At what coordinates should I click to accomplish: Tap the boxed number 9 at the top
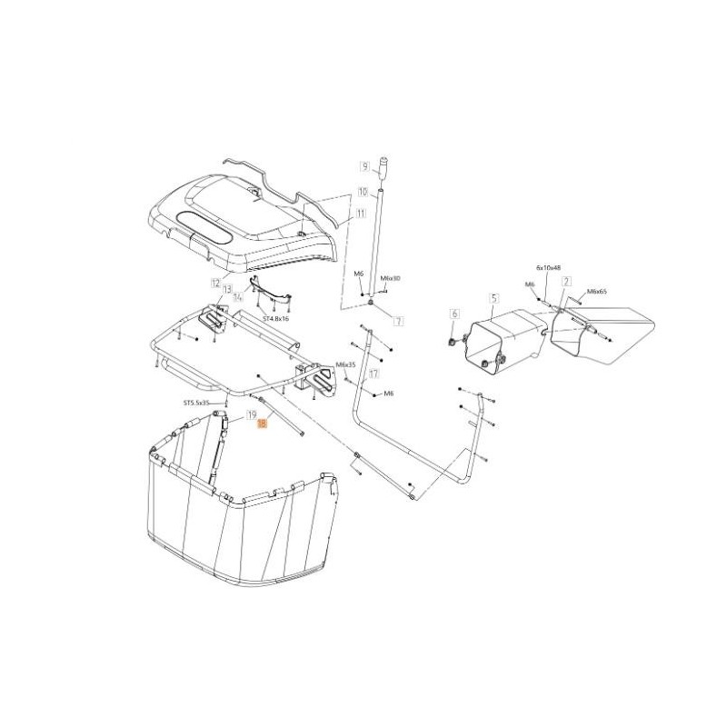[x=363, y=166]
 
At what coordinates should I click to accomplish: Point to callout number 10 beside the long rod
[x=363, y=192]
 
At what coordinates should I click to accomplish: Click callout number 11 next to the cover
[x=361, y=214]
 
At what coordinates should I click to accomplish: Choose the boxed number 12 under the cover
[x=215, y=283]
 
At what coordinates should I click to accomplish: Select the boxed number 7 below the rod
[x=397, y=322]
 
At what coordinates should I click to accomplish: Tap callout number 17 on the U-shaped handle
[x=373, y=373]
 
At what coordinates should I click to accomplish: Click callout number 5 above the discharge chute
[x=494, y=298]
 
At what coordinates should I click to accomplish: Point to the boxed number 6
[x=452, y=314]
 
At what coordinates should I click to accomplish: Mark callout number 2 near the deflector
[x=567, y=282]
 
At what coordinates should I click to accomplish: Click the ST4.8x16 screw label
[x=275, y=320]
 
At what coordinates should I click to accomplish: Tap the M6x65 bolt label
[x=598, y=292]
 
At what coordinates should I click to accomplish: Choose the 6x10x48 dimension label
[x=550, y=268]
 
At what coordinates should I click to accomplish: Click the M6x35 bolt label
[x=346, y=364]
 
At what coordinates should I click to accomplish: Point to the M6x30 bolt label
[x=389, y=277]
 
